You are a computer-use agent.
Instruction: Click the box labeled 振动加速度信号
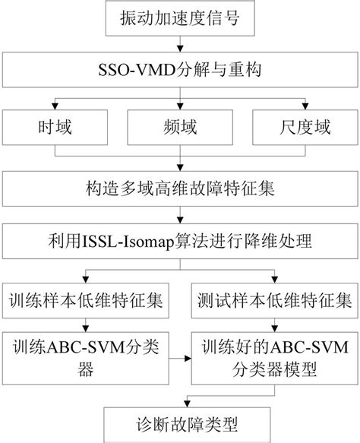180,18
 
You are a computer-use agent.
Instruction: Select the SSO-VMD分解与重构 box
180,72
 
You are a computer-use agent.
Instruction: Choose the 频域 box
180,127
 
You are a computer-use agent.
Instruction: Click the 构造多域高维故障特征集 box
180,182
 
